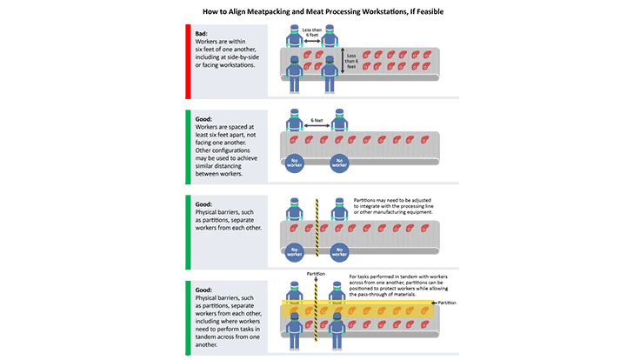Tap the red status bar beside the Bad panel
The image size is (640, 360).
186,58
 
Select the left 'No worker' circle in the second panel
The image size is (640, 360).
296,162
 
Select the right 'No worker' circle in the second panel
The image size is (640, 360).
340,162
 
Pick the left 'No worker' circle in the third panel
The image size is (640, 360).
296,251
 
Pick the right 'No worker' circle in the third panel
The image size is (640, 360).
340,251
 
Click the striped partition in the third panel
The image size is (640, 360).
317,224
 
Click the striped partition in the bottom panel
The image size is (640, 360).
317,318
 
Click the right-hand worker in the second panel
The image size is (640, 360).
339,120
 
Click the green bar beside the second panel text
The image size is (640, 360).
186,148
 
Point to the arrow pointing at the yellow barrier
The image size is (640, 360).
443,303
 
